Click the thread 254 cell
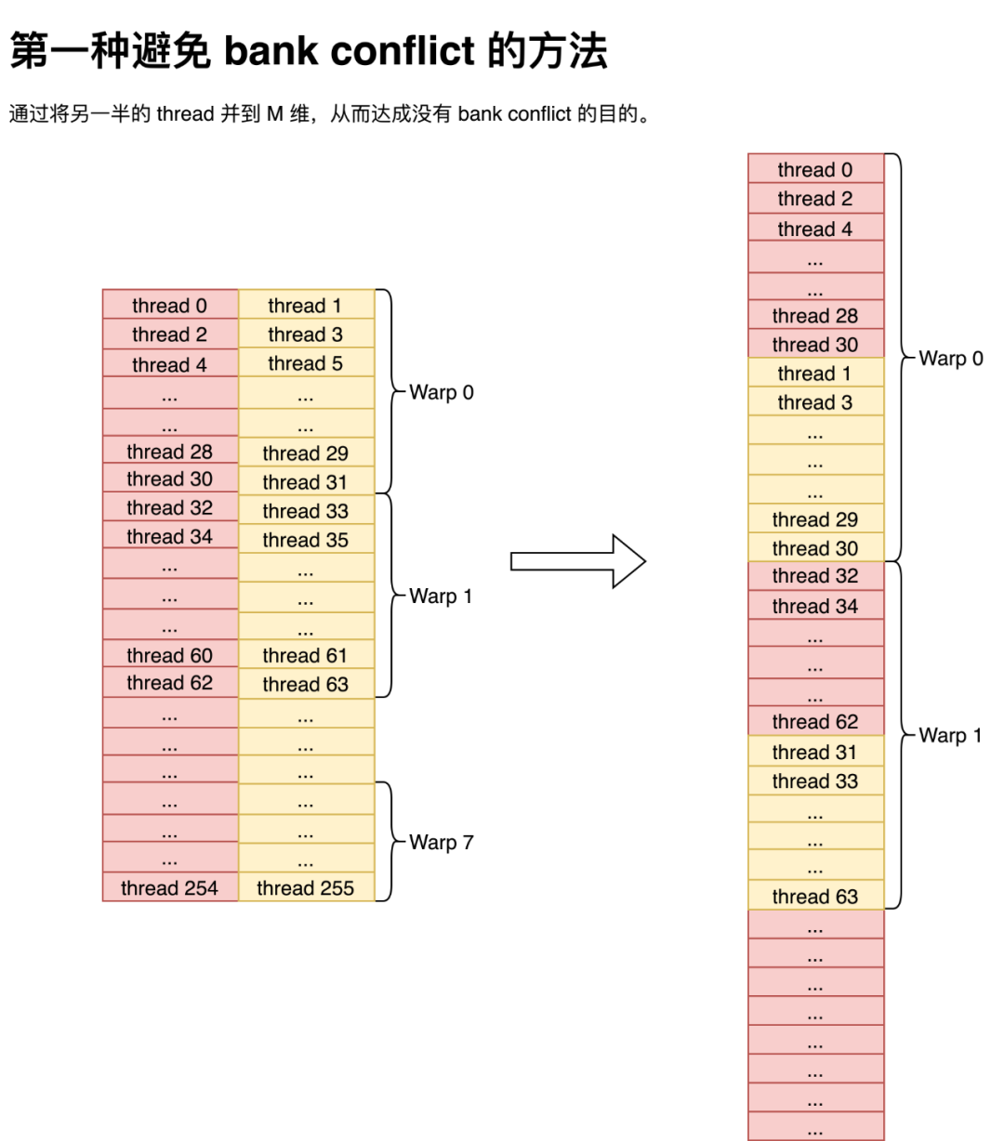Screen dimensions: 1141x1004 [x=169, y=888]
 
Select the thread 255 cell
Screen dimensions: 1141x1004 [x=306, y=888]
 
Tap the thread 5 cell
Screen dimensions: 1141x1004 [x=306, y=363]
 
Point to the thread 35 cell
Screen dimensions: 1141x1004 [x=306, y=540]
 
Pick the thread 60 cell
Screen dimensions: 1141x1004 [x=169, y=655]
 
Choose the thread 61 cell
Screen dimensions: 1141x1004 [x=306, y=655]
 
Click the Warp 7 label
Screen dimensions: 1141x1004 [x=442, y=843]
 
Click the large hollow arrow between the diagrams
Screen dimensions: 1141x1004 [x=577, y=561]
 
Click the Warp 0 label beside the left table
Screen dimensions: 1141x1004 [x=442, y=392]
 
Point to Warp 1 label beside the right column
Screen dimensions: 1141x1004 [x=950, y=736]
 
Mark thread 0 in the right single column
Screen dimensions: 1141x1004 [x=815, y=169]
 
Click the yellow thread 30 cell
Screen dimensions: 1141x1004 [x=815, y=548]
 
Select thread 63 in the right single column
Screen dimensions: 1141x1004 [x=815, y=897]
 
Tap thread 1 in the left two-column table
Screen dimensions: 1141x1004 [x=306, y=306]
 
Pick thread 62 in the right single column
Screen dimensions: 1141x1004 [x=815, y=722]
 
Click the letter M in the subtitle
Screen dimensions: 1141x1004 [x=275, y=114]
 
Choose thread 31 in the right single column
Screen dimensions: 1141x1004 [x=815, y=752]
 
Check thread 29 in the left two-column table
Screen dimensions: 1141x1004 [x=306, y=453]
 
